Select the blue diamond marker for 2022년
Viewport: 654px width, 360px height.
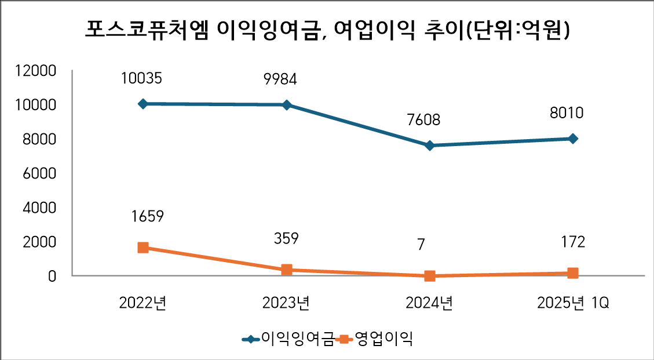pos(143,104)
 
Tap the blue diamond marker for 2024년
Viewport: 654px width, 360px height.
pos(429,146)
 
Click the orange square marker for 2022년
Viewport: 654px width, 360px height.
pos(143,248)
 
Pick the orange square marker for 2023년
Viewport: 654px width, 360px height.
pos(286,270)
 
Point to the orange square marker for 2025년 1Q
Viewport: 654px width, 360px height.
pos(572,273)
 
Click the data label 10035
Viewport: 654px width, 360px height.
pos(142,78)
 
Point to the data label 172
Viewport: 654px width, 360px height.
pos(573,242)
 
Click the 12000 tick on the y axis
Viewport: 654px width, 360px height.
pos(36,71)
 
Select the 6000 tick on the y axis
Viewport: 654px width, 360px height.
pos(39,173)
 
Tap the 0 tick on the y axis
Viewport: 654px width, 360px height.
pos(52,276)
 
